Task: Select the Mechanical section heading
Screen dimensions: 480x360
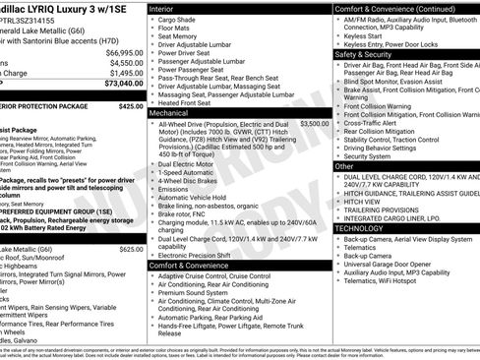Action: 173,114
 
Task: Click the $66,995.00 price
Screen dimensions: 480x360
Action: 124,52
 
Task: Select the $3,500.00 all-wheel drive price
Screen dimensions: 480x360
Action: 314,125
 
